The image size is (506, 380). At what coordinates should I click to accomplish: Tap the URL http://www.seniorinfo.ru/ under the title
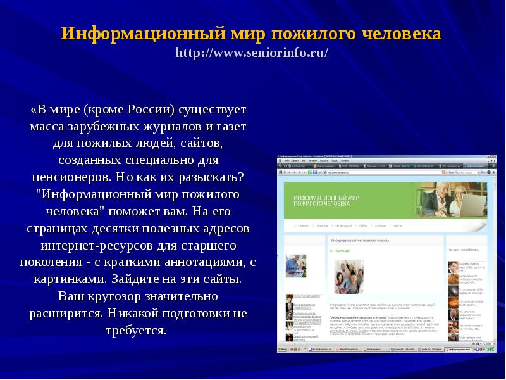pos(252,52)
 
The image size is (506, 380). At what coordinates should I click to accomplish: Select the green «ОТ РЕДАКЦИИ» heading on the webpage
pos(340,251)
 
